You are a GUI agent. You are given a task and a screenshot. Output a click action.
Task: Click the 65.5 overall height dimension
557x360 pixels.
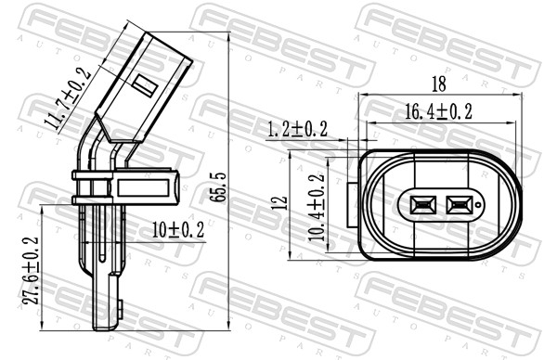[218, 187]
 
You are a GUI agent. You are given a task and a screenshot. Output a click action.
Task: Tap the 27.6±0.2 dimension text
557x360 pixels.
[31, 271]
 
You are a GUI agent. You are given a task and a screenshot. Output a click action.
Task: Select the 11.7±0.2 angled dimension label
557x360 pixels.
[68, 98]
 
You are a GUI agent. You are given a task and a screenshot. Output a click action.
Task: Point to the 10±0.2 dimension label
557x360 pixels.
[178, 230]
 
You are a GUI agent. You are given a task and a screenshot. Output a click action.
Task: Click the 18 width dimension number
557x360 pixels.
[439, 84]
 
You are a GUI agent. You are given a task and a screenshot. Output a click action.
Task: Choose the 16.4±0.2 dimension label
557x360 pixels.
[439, 112]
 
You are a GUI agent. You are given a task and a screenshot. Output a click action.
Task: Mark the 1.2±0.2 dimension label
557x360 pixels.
[297, 129]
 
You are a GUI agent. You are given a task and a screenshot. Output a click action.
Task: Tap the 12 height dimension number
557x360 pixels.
[281, 202]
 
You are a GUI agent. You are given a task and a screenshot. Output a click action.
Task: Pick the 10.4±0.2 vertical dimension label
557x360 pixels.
[317, 207]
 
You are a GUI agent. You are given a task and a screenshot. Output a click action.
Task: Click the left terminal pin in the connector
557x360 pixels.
[422, 205]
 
